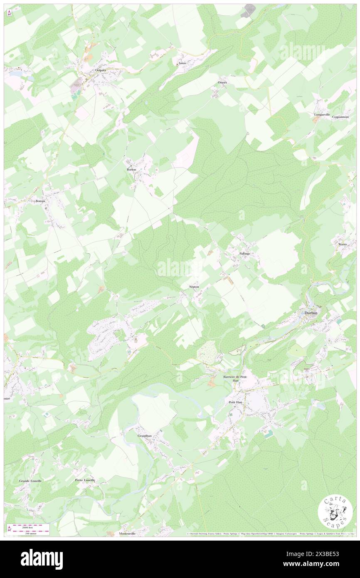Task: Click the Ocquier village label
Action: pyautogui.click(x=101, y=70)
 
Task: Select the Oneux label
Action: pyautogui.click(x=223, y=83)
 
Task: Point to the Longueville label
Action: pyautogui.click(x=322, y=114)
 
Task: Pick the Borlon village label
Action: pyautogui.click(x=132, y=170)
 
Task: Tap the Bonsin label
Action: pyautogui.click(x=40, y=200)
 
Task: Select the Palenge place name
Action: pyautogui.click(x=245, y=253)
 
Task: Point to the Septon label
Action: pyautogui.click(x=194, y=287)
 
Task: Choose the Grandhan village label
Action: pyautogui.click(x=144, y=435)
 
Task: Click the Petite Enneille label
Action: pyautogui.click(x=85, y=480)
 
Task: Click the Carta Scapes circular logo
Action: pyautogui.click(x=335, y=513)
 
